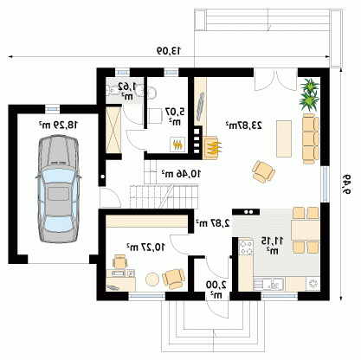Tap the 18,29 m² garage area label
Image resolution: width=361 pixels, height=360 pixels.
tap(59, 125)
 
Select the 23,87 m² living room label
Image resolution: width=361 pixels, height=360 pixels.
tap(244, 125)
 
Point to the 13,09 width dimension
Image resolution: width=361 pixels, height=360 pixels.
tap(169, 51)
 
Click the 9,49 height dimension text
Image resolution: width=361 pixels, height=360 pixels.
tap(346, 184)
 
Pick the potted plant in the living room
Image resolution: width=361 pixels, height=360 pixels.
tap(310, 94)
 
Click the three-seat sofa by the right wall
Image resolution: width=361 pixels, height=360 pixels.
tap(311, 138)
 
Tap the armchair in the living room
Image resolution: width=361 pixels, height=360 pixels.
tap(263, 171)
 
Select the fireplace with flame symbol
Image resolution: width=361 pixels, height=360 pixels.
tap(213, 147)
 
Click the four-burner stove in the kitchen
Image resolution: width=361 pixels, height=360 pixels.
tap(246, 247)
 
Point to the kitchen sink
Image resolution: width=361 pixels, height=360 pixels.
tap(269, 284)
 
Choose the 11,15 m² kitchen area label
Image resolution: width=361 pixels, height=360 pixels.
tap(272, 246)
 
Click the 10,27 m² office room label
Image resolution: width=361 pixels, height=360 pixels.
tap(145, 247)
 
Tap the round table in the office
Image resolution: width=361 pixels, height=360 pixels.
tap(152, 280)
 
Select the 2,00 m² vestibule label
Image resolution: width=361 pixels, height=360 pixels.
tap(216, 290)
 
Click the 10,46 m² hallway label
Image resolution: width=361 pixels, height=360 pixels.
tap(181, 174)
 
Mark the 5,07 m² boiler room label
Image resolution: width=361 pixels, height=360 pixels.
tap(175, 116)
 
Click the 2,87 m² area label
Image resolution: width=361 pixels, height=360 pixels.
tap(213, 222)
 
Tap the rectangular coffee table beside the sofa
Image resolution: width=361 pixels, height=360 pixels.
tap(284, 138)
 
